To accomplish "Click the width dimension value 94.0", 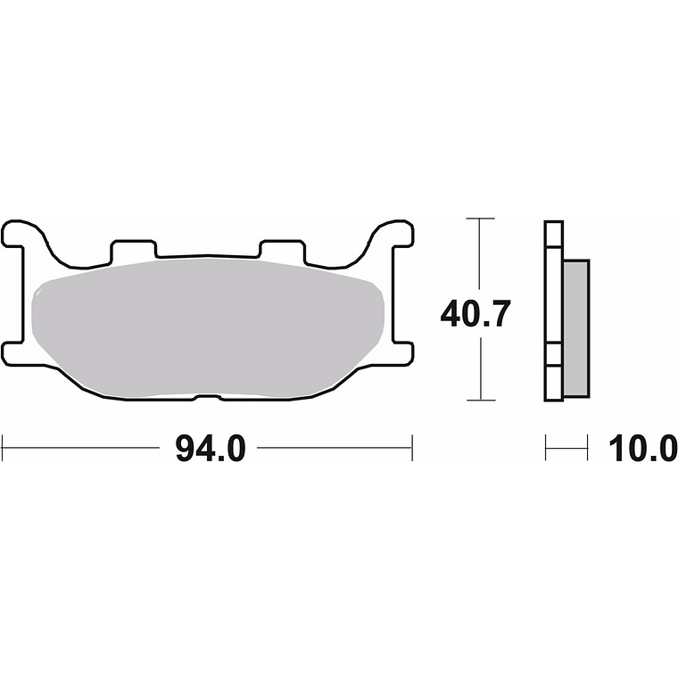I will click(208, 449).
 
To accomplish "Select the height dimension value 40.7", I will click(475, 314).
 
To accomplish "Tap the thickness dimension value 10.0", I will click(642, 449).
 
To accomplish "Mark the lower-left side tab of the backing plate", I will click(18, 353).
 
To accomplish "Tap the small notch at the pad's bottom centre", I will click(207, 396).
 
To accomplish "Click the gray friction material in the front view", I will click(207, 326).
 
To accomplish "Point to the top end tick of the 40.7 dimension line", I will click(481, 219).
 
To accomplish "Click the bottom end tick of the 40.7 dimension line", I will click(481, 400).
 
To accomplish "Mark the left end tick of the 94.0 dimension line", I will click(3, 448).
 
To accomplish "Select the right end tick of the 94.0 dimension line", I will click(412, 448).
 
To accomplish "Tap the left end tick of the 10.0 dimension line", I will click(546, 448).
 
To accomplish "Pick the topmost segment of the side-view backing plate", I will click(553, 234).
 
